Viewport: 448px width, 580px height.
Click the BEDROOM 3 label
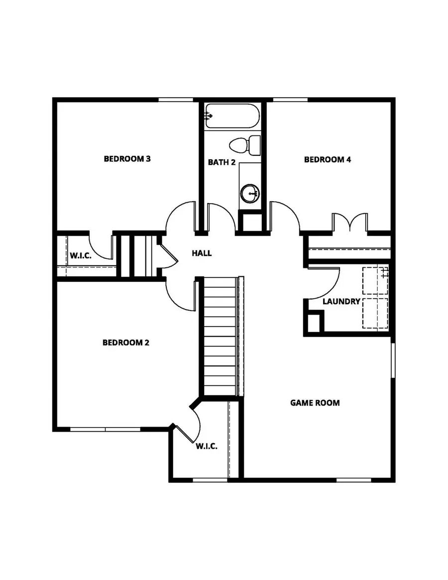tap(127, 159)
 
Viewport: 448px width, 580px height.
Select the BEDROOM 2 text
tap(126, 343)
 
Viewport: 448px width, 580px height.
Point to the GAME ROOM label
tap(315, 403)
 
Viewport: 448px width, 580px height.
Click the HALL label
tap(202, 253)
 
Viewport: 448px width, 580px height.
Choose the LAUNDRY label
tap(341, 302)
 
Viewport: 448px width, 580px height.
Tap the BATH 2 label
tap(222, 162)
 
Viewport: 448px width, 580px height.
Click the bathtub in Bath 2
tap(232, 116)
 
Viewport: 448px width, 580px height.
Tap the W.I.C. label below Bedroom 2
tap(206, 447)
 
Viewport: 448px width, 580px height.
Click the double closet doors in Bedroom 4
tap(350, 223)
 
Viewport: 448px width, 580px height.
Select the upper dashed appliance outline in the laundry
tap(374, 282)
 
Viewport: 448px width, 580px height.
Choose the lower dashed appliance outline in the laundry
tap(374, 314)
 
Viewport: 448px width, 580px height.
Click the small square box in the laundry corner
tap(314, 322)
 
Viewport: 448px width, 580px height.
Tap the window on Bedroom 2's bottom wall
tap(105, 429)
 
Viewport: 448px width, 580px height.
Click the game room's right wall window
tap(393, 359)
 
